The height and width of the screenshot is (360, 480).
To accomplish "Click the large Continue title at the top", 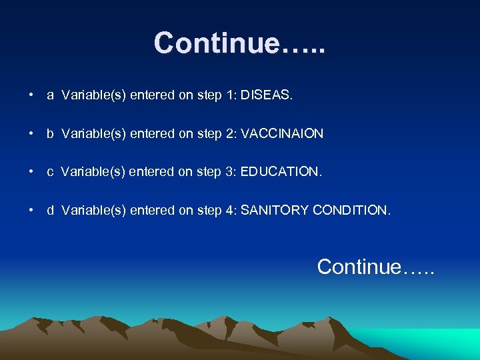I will click(240, 43).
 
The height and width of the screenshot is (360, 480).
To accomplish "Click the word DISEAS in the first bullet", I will click(266, 95).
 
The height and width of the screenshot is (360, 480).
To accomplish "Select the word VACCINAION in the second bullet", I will click(282, 134).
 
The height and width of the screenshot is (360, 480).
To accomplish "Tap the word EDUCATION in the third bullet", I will click(281, 172).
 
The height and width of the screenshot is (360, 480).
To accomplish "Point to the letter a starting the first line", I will click(50, 96).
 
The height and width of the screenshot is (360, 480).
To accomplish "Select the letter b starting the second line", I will click(50, 134).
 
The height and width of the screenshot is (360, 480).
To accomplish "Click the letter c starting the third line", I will click(50, 173).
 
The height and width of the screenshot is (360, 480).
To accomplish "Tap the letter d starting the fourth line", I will click(50, 211).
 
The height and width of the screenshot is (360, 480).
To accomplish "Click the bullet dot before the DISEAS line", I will click(31, 96).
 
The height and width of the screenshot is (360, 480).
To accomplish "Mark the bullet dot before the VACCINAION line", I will click(31, 134).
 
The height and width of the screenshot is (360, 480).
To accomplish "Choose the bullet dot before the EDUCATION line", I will click(31, 173).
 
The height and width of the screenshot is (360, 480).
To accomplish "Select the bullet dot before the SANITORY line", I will click(31, 211).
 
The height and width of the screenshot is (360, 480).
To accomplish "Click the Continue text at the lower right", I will click(375, 267).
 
